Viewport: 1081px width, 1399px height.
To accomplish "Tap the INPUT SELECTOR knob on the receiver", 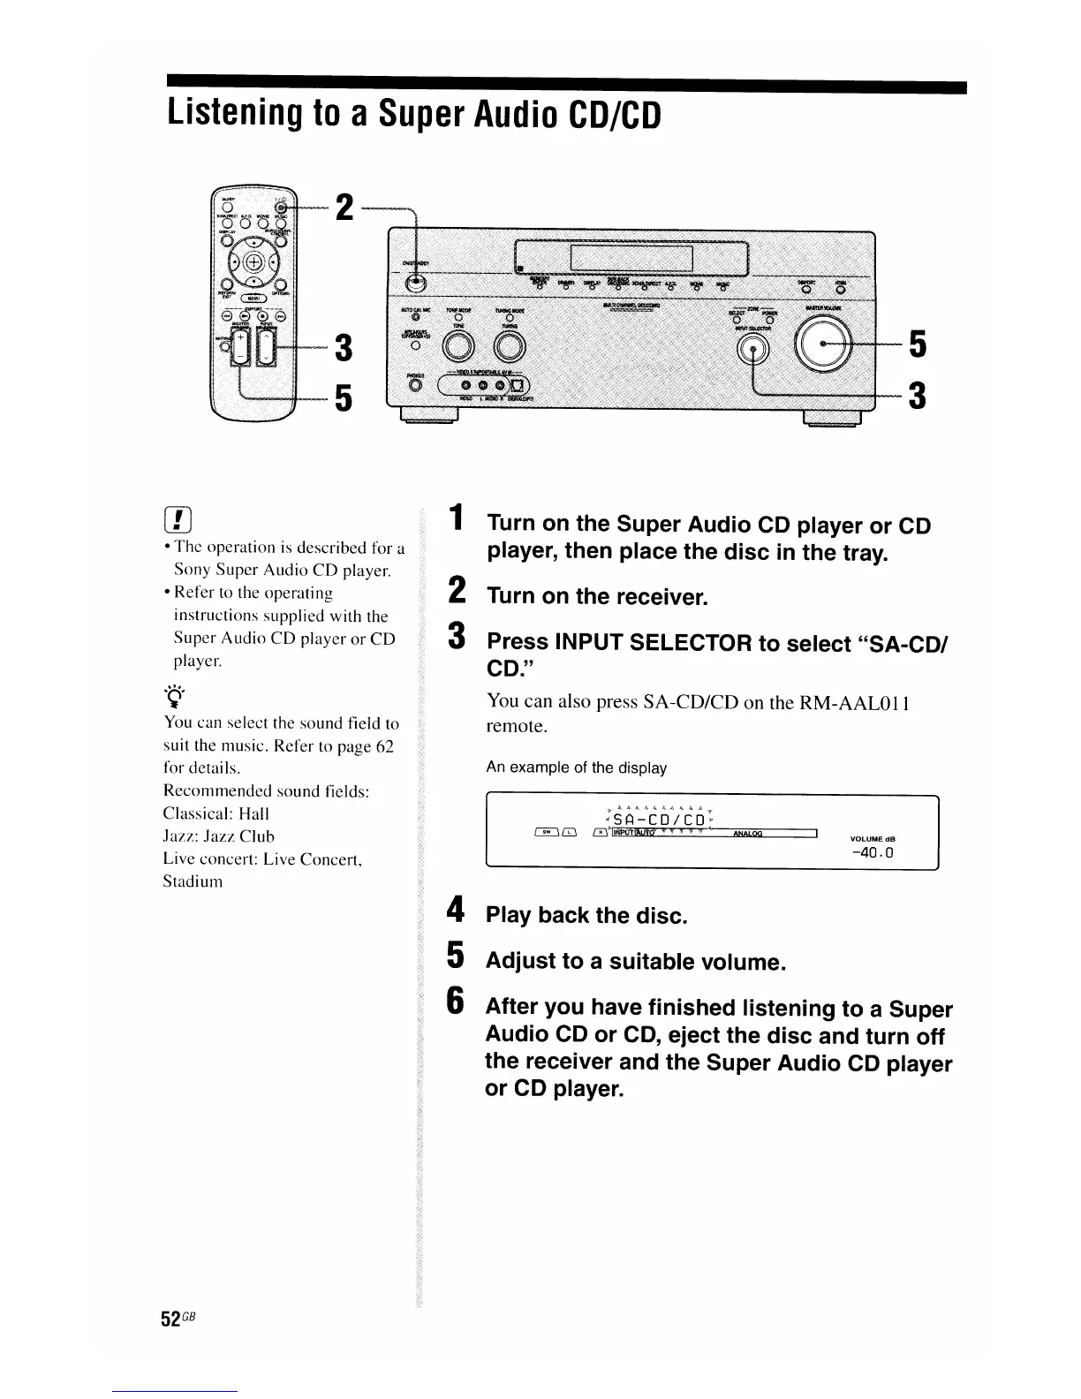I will (x=752, y=352).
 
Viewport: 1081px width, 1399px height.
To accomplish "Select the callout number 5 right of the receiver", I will (x=918, y=344).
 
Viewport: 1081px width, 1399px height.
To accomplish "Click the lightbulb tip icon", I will (x=174, y=694).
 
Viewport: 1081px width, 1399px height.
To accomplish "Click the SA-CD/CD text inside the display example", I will (x=660, y=819).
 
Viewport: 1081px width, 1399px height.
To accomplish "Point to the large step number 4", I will (x=455, y=911).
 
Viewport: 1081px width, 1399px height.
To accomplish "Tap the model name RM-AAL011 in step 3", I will (x=854, y=703).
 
